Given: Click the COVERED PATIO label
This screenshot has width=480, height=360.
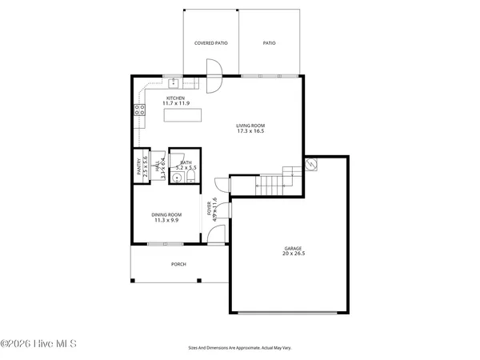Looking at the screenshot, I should pyautogui.click(x=211, y=43).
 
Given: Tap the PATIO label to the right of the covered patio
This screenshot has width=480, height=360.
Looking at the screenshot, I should pyautogui.click(x=270, y=43).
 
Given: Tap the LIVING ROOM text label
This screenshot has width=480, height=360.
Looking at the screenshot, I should pyautogui.click(x=250, y=126).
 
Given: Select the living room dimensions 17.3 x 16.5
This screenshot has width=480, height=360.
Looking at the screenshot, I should pyautogui.click(x=250, y=131).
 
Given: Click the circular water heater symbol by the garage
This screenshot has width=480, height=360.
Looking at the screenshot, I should pyautogui.click(x=313, y=165).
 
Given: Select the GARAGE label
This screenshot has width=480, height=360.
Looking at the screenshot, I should pyautogui.click(x=293, y=248).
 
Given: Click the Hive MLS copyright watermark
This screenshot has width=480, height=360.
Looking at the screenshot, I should pyautogui.click(x=38, y=345).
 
